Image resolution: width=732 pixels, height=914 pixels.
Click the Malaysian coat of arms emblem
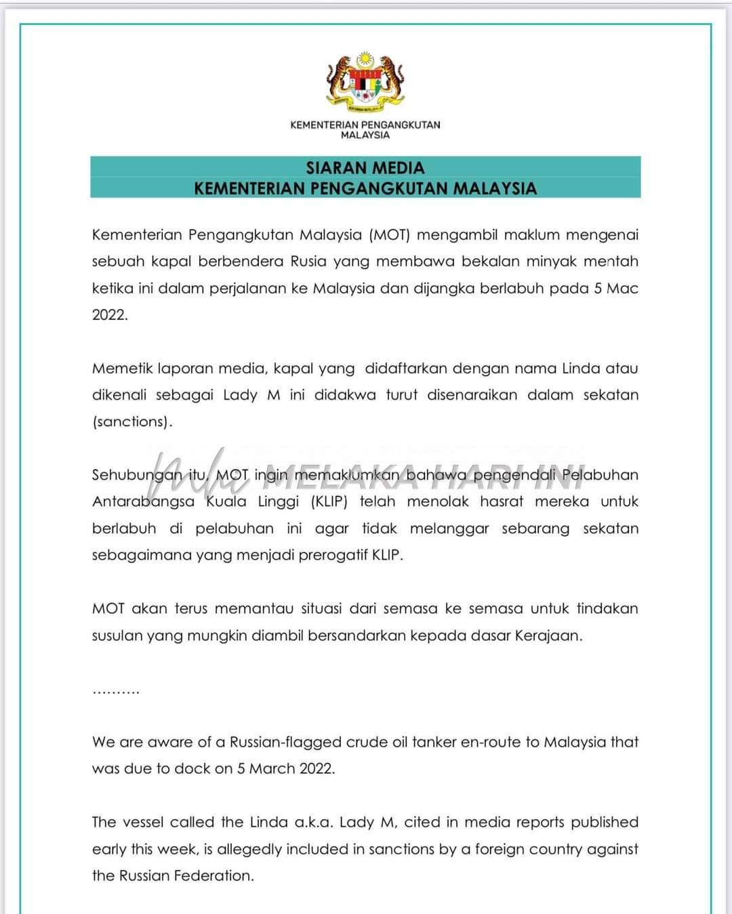pos(365,81)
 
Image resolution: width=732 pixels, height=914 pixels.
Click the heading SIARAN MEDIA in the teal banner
pos(365,167)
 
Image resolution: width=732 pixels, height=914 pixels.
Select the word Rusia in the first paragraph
pos(308,262)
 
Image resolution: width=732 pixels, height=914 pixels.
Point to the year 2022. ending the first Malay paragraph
pos(110,315)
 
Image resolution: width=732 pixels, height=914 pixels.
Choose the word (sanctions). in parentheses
pos(132,421)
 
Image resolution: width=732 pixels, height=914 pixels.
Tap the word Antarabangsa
pos(143,502)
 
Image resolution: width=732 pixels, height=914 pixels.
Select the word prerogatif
pos(330,556)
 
